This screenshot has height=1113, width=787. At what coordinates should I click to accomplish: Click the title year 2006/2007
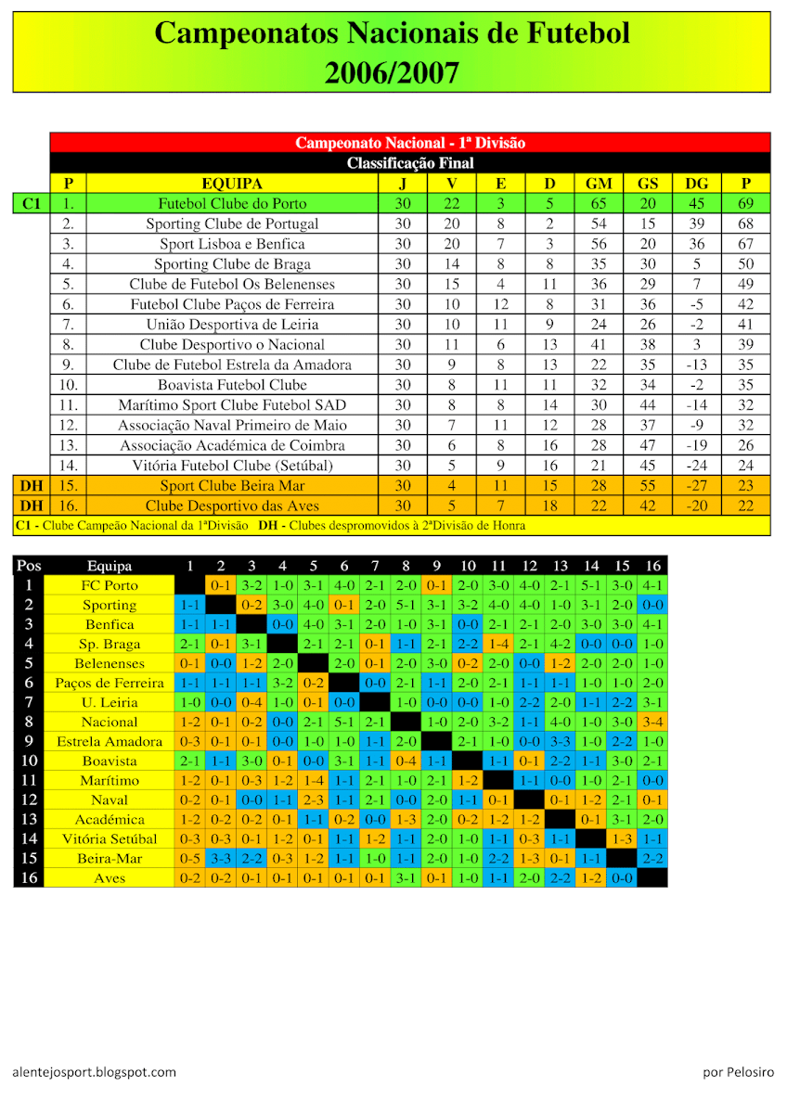click(x=392, y=72)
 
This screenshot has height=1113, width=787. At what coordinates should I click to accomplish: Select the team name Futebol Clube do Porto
click(x=232, y=203)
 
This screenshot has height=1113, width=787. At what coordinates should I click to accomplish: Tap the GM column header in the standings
click(x=599, y=184)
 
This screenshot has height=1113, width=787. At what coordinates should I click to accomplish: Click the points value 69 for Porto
click(x=745, y=203)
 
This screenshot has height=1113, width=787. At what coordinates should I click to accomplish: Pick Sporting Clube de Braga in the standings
click(x=232, y=263)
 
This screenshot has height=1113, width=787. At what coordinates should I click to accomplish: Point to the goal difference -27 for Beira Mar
click(x=696, y=485)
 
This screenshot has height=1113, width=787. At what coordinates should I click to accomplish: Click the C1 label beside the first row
click(x=32, y=203)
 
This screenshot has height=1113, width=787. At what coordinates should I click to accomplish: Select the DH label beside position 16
click(x=32, y=505)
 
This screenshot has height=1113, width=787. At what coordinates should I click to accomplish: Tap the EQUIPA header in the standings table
click(x=232, y=184)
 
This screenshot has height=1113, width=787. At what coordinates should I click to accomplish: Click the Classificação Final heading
click(x=410, y=163)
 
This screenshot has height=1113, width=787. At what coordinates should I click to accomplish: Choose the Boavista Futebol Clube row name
click(x=232, y=384)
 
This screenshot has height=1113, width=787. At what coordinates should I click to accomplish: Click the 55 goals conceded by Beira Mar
click(x=647, y=485)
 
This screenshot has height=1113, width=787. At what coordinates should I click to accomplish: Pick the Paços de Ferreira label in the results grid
click(x=110, y=684)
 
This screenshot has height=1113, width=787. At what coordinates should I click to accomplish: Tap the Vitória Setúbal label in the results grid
click(x=110, y=839)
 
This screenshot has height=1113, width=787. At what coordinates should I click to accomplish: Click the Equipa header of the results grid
click(x=110, y=566)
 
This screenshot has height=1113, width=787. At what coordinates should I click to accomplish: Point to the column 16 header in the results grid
click(x=652, y=566)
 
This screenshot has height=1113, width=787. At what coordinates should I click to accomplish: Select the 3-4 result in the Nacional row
click(x=652, y=722)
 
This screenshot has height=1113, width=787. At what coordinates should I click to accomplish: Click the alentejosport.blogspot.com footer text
click(x=95, y=1072)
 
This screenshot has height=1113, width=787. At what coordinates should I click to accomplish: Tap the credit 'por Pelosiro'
click(x=738, y=1072)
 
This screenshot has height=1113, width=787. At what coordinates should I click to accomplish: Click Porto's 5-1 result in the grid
click(x=591, y=585)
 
